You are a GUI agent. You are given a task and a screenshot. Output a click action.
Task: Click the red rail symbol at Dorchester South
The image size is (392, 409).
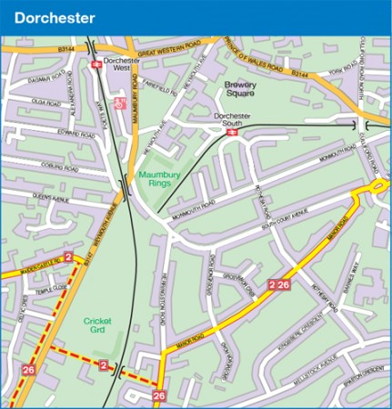click(x=231, y=132)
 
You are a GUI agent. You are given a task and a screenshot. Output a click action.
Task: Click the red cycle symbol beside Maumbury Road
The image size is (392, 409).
click(x=118, y=105)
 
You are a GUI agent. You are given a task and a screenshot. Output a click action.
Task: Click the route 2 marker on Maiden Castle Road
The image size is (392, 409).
click(x=68, y=258)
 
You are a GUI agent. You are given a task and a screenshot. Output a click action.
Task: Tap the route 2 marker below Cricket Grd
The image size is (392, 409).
click(x=104, y=365)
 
